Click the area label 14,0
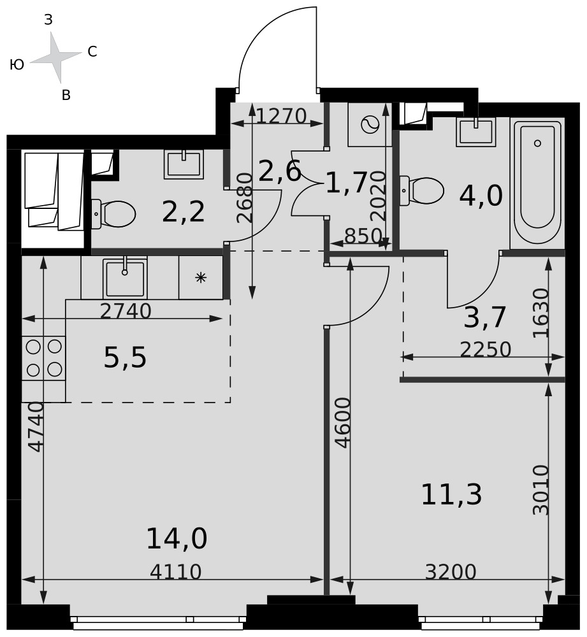click(x=177, y=539)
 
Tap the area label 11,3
click(x=451, y=495)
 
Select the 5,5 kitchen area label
click(x=125, y=358)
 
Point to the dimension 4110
click(x=176, y=571)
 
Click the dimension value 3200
click(x=451, y=571)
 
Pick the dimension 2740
click(x=126, y=311)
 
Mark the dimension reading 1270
click(x=281, y=116)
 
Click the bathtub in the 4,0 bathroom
click(x=537, y=183)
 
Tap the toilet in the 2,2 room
click(x=113, y=213)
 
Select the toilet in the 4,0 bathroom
click(x=421, y=190)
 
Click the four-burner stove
click(x=43, y=358)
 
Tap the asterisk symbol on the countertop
click(x=201, y=278)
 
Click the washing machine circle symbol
click(x=370, y=124)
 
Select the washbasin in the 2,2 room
click(x=184, y=164)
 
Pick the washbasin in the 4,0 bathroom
click(x=475, y=132)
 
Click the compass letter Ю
click(x=17, y=64)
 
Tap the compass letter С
click(x=92, y=52)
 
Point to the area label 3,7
click(x=485, y=317)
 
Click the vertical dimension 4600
click(x=344, y=423)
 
